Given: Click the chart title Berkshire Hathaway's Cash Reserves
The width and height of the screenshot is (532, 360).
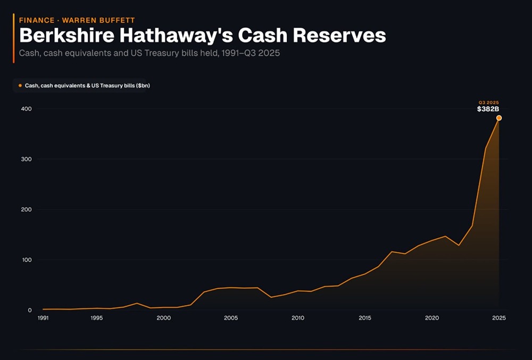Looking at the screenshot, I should click(202, 35).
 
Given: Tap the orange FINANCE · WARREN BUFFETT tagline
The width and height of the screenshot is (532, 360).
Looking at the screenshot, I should click(77, 20).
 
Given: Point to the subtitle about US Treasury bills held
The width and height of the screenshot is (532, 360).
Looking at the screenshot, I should click(149, 54).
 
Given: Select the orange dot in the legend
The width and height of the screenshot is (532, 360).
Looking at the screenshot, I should click(20, 85).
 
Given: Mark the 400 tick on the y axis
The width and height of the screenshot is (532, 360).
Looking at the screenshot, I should click(27, 109).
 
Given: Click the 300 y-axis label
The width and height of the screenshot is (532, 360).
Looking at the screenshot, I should click(27, 160).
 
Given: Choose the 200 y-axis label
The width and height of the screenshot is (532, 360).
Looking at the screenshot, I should click(27, 210).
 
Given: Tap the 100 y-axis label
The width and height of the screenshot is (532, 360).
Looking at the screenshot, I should click(27, 260).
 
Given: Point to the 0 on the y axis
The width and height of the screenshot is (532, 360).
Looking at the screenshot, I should click(30, 310).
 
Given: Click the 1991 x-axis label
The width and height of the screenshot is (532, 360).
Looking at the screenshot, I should click(43, 318).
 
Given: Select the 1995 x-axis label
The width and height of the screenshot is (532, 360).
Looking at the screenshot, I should click(97, 318).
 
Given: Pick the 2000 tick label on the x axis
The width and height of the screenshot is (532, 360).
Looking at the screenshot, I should click(164, 318).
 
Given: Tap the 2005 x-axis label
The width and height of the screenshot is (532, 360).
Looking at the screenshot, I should click(231, 318).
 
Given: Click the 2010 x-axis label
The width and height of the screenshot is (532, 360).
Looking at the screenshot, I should click(298, 318).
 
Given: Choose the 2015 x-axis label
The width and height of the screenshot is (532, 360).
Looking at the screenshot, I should click(365, 318).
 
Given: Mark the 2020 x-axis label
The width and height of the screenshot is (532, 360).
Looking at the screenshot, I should click(432, 318).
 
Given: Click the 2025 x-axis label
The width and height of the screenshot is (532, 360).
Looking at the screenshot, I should click(499, 318).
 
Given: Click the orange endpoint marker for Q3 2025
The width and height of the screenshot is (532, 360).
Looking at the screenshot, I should click(499, 118).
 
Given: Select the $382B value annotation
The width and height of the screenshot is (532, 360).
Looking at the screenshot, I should click(488, 109).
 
